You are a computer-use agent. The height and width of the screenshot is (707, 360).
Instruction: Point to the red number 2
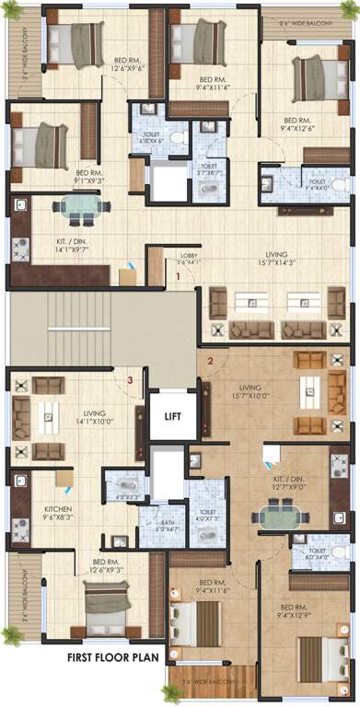pyautogui.click(x=210, y=361)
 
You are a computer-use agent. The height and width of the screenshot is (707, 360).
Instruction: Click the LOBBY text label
pyautogui.click(x=190, y=258)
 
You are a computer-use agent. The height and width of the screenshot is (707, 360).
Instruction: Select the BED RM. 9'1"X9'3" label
pyautogui.click(x=88, y=177)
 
